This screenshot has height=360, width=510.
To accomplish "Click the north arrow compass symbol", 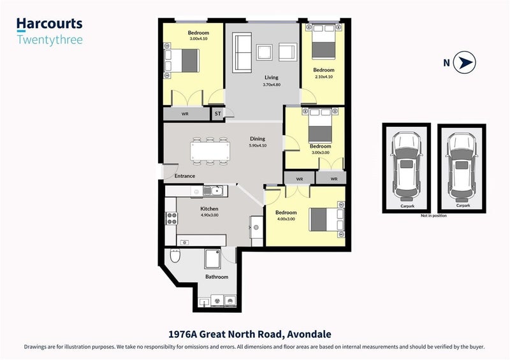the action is [465, 62].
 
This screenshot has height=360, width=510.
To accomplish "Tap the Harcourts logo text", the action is [50, 24].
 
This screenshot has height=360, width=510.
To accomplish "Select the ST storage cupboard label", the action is [217, 113].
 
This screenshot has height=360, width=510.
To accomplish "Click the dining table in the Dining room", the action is [210, 151].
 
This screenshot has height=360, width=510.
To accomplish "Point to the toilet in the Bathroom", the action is [175, 256].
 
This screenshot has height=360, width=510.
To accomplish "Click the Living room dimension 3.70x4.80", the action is [272, 85].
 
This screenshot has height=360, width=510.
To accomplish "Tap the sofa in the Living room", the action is [242, 52].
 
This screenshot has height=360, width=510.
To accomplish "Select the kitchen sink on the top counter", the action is [213, 191].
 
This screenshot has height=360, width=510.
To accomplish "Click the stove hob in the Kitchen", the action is [171, 218].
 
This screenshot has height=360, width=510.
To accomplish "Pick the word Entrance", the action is [185, 176].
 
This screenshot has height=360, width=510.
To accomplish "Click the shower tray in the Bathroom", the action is [213, 259].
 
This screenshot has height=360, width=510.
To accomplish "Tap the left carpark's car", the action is [406, 166].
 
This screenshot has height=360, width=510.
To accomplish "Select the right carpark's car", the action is [462, 166].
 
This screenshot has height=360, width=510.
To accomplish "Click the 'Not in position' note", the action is [433, 215].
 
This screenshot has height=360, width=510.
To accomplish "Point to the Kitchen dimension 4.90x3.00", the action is [210, 215].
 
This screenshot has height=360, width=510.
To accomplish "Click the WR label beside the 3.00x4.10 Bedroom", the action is [185, 114].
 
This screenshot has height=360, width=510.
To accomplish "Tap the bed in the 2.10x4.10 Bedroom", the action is [323, 41].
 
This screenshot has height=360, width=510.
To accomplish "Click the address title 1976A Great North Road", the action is [227, 334].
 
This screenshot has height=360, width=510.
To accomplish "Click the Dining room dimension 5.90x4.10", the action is [258, 145].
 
